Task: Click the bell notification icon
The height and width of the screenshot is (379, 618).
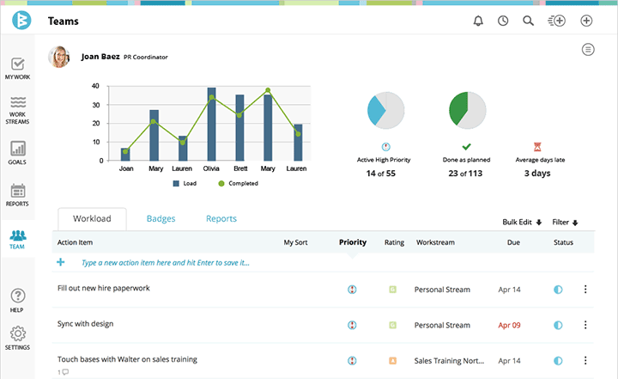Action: (478, 21)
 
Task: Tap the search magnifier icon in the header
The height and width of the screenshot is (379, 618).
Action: (529, 21)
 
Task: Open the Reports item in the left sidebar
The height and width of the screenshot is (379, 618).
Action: (17, 195)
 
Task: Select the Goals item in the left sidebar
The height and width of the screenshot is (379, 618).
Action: (17, 152)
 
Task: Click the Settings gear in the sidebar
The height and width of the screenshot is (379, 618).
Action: (17, 338)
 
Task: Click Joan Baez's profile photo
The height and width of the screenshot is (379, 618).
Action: (59, 57)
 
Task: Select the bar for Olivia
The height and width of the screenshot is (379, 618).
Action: (211, 124)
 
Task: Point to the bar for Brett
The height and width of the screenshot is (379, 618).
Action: (239, 127)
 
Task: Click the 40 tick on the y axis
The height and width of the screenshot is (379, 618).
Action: (95, 87)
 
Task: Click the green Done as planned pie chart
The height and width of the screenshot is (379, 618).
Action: (467, 110)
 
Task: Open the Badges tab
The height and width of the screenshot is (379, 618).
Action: (161, 219)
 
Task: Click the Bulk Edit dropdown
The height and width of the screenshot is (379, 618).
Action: (522, 223)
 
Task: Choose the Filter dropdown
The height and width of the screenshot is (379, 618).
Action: (565, 223)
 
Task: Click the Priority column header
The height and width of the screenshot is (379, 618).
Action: (352, 242)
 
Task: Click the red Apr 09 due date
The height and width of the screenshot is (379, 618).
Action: (509, 325)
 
